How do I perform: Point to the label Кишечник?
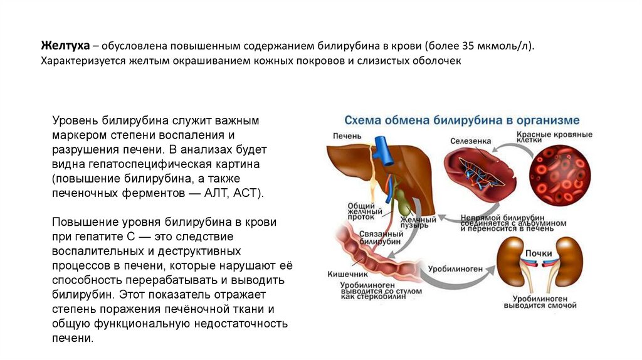point(347,274)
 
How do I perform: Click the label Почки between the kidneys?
point(539,253)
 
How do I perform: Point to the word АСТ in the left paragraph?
point(247,193)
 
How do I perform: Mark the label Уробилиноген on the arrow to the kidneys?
point(456,269)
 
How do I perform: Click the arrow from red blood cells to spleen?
point(508,148)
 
